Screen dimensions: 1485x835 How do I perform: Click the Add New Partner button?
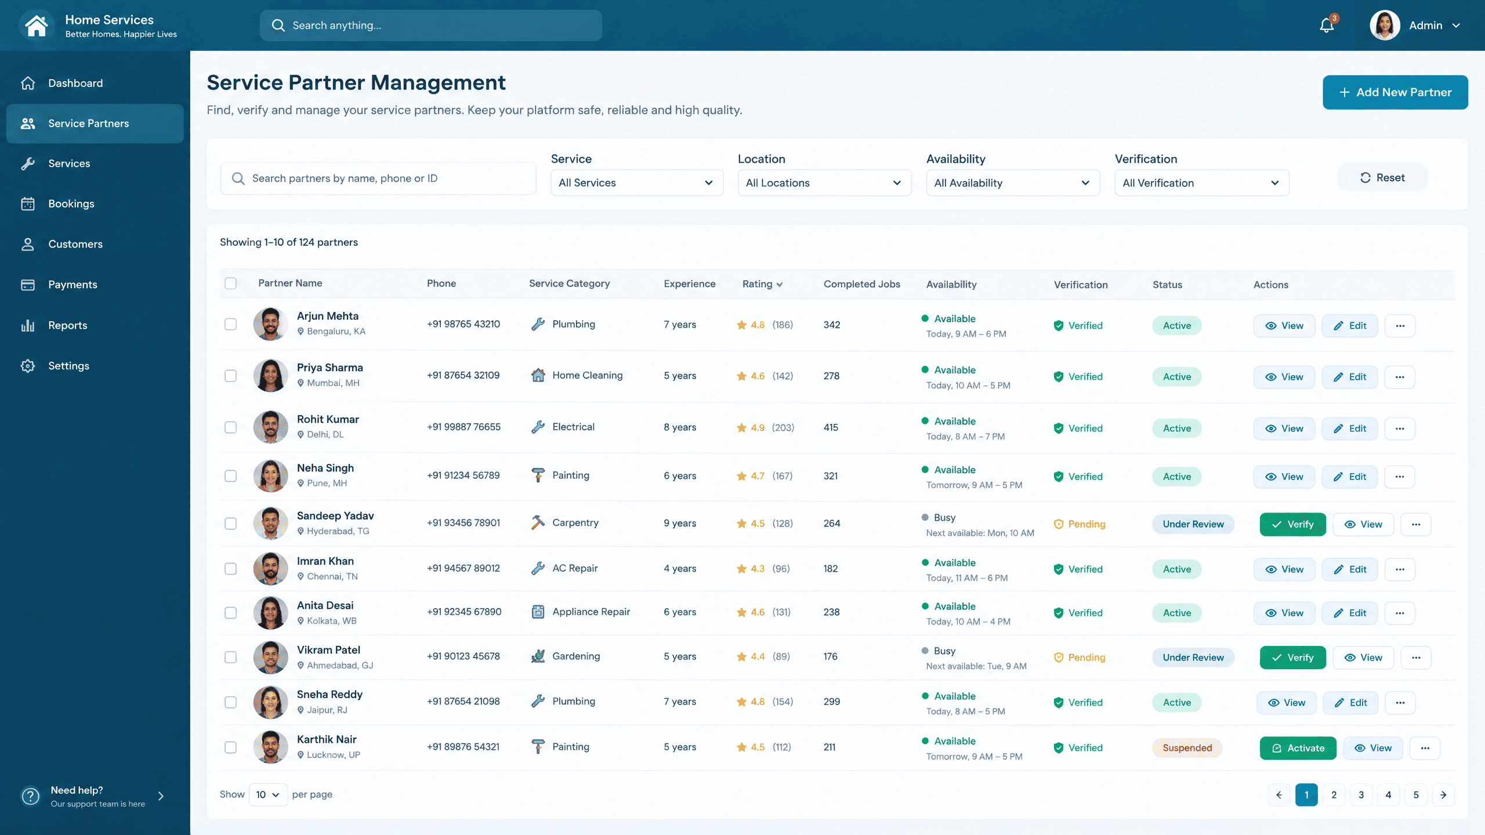click(x=1395, y=92)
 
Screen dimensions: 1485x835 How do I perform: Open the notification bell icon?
click(x=1327, y=25)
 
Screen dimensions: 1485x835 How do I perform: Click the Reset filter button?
click(x=1382, y=177)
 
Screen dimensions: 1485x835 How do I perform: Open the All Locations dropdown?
click(x=824, y=183)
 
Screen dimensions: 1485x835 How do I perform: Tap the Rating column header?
click(x=763, y=284)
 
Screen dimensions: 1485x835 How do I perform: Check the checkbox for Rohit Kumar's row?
click(x=231, y=427)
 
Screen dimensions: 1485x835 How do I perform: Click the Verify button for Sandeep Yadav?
click(x=1292, y=524)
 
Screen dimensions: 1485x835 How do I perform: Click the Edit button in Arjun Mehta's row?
click(x=1350, y=326)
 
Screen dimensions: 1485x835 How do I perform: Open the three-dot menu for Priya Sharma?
click(x=1400, y=377)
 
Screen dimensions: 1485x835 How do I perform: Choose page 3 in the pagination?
click(x=1361, y=795)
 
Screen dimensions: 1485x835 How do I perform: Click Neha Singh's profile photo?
click(x=270, y=475)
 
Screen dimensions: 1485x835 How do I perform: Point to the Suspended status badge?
click(x=1187, y=748)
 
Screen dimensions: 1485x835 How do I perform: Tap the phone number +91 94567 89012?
click(x=463, y=568)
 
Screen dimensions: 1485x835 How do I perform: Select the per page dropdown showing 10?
click(x=268, y=794)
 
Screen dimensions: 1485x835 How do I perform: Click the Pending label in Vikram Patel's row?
click(x=1086, y=658)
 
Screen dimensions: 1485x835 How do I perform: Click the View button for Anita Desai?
click(x=1284, y=613)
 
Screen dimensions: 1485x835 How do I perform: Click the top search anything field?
click(x=430, y=26)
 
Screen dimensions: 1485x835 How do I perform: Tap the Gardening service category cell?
click(x=566, y=656)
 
